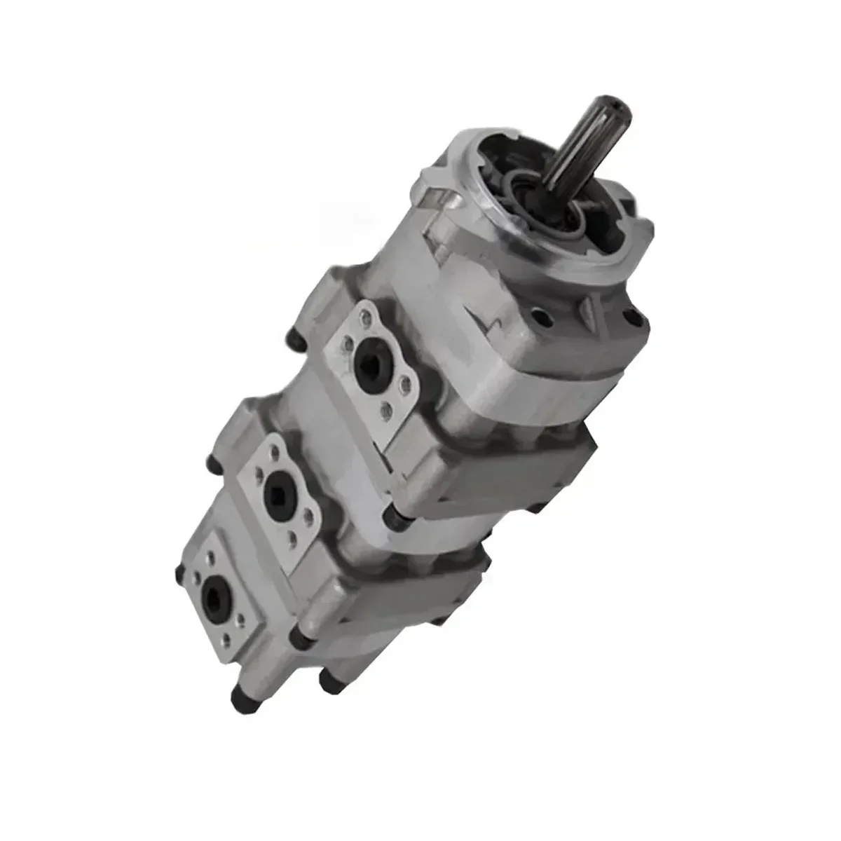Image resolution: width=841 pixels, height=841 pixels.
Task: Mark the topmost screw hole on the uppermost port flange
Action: [368, 320]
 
